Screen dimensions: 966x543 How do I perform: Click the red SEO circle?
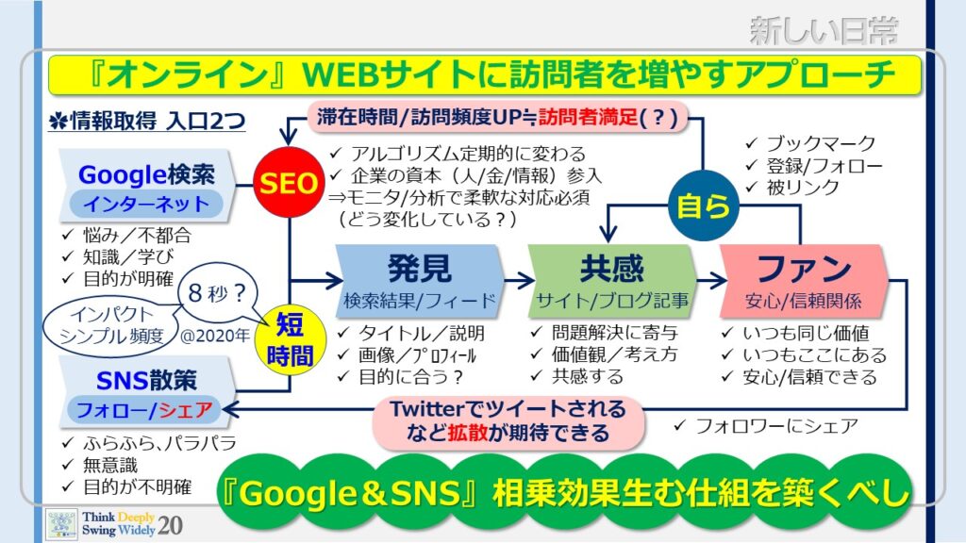click(x=289, y=182)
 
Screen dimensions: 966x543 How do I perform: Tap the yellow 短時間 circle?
click(x=290, y=339)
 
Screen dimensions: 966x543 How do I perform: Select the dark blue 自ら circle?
click(x=703, y=206)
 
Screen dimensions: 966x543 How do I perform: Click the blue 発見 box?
click(x=420, y=281)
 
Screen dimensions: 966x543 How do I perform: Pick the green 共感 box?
click(x=612, y=281)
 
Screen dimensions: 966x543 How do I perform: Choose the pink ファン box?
click(x=804, y=281)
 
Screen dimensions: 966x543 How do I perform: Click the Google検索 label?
click(x=146, y=174)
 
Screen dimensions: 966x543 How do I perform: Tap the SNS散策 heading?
click(x=146, y=381)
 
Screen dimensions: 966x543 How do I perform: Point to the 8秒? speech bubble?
click(x=218, y=294)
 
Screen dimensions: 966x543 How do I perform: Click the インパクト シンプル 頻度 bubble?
click(x=111, y=325)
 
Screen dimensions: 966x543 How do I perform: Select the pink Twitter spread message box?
click(x=508, y=421)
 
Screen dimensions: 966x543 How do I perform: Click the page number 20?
click(x=170, y=525)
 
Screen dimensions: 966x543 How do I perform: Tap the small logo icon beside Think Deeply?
click(x=61, y=524)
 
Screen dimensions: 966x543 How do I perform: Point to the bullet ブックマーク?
click(x=810, y=144)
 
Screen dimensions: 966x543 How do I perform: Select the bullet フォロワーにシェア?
click(x=766, y=425)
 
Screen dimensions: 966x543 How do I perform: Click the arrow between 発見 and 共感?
click(x=519, y=281)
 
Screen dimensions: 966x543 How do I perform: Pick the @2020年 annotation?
click(x=215, y=336)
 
